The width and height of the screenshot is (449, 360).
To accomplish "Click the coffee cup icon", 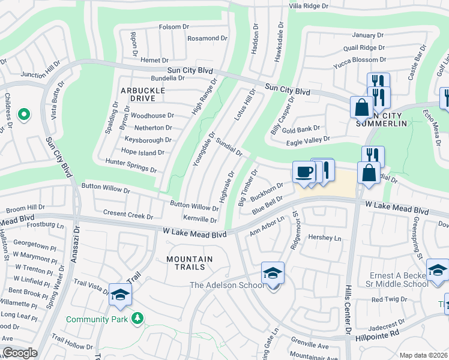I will (x=304, y=172).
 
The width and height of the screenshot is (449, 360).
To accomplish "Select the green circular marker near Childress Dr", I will (x=23, y=114).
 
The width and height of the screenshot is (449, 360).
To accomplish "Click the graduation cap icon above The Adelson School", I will (x=273, y=273).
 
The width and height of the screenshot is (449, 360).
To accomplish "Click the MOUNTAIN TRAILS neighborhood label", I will (x=190, y=263).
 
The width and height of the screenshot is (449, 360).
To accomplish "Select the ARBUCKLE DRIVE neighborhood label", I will (x=143, y=94).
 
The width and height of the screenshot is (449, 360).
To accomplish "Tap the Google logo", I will (x=20, y=353).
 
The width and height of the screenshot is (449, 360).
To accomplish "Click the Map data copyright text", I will (x=423, y=355).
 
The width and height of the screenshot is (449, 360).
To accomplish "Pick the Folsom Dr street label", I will (x=174, y=27).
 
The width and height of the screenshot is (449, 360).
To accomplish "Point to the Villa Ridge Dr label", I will (x=309, y=5).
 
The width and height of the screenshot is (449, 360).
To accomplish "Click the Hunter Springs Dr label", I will (x=131, y=166).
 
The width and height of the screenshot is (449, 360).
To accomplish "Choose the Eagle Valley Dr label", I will (x=308, y=140).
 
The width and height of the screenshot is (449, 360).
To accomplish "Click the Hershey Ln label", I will (x=324, y=238).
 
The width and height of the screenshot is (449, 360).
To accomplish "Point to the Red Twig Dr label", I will (x=389, y=299).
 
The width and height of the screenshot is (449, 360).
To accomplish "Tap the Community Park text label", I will (x=97, y=319).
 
